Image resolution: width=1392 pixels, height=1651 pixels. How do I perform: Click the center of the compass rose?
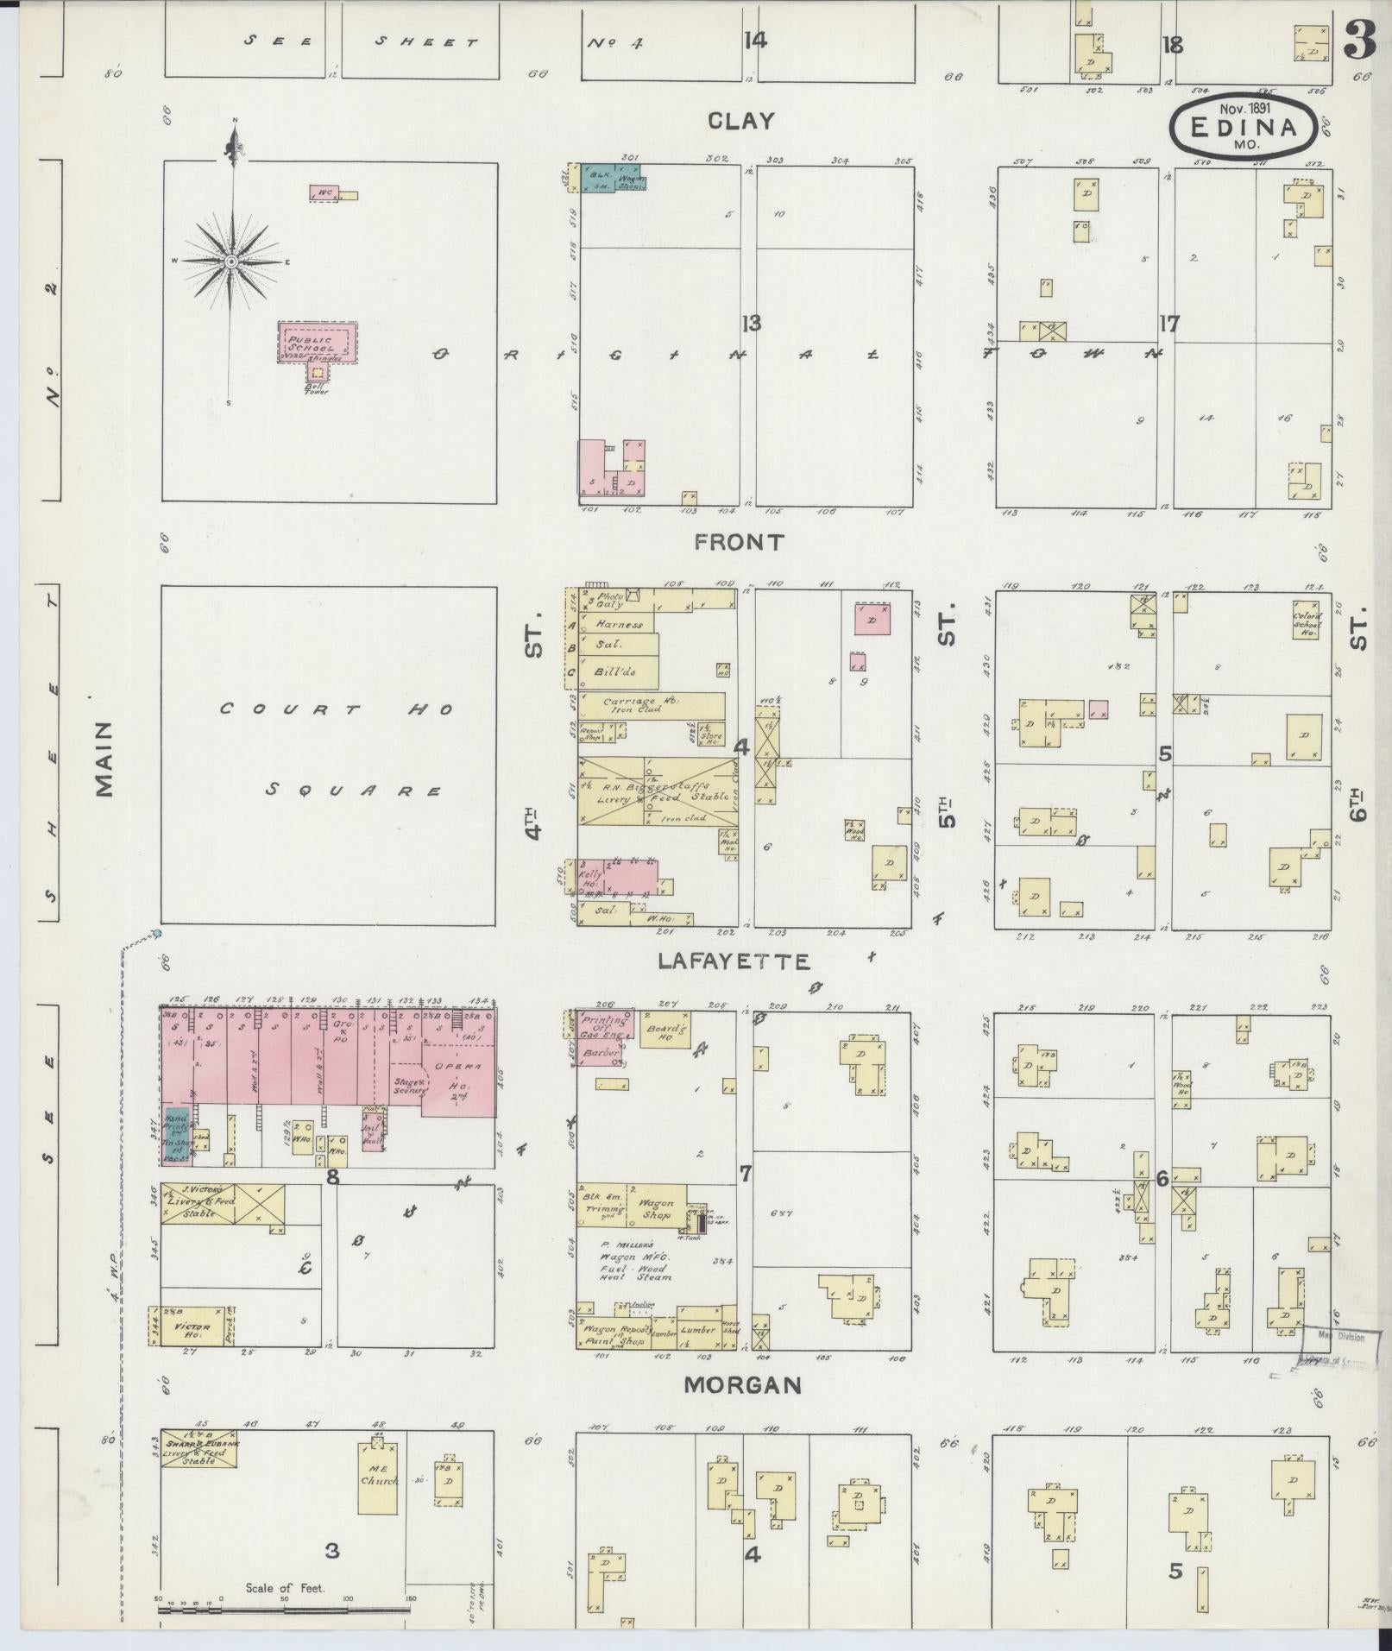pos(232,261)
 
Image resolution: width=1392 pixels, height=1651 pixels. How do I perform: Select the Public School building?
pos(318,343)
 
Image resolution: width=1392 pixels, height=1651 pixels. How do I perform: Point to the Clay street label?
pos(740,121)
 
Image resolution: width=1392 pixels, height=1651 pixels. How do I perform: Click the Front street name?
pos(740,542)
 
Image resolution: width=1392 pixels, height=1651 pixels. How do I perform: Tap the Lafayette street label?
pos(734,961)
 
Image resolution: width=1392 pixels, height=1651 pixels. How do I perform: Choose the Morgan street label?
pos(742,1385)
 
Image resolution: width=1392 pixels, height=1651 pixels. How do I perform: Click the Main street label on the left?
pos(104,759)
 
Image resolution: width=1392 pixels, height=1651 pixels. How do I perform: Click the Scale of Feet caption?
pos(284,1588)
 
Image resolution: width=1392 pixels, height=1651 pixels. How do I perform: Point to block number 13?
pos(751,324)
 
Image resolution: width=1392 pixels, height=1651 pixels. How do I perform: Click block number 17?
pos(1168,324)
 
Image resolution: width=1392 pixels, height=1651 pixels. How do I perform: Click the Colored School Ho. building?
pos(1306,620)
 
